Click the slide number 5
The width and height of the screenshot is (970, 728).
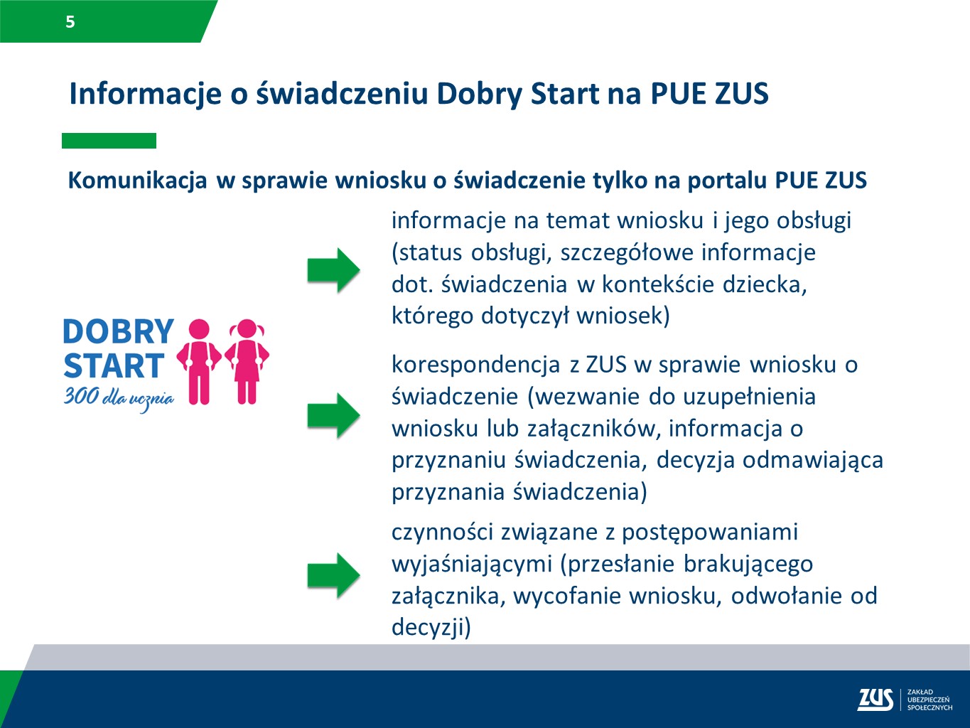coord(70,22)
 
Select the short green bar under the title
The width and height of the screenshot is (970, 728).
coord(109,141)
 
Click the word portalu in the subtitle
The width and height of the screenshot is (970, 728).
coord(727,181)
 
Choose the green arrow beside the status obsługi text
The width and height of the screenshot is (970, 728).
coord(333,270)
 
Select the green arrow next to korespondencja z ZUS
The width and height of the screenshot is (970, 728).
coord(333,414)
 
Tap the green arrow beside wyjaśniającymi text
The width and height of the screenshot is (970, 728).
coord(333,574)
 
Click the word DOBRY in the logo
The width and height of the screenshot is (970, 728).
coord(119,332)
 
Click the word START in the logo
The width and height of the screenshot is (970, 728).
coord(114,366)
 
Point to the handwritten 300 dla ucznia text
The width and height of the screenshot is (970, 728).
coord(119,397)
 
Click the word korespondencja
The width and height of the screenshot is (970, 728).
coord(475,365)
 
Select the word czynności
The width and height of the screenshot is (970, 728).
coord(442,532)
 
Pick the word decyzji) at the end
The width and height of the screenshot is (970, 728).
coord(431,627)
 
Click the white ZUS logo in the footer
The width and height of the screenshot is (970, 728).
coord(875,700)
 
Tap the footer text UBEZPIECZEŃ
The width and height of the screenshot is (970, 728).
coord(928,700)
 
